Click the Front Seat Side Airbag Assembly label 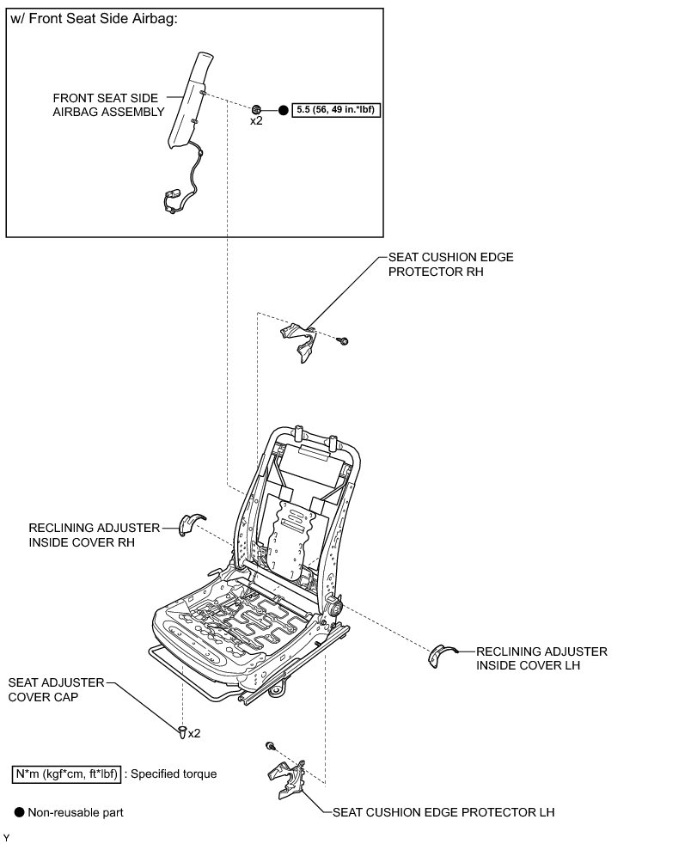click(x=107, y=105)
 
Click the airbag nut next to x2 click(x=256, y=109)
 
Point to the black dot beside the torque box click(x=283, y=111)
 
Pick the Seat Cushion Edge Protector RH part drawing click(x=300, y=340)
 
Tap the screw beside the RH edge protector click(x=343, y=341)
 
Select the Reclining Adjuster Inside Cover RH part click(x=188, y=523)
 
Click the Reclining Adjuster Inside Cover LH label click(x=541, y=658)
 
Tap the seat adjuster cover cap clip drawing click(x=181, y=732)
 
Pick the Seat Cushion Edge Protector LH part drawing click(x=288, y=778)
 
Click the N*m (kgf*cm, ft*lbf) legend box click(x=66, y=774)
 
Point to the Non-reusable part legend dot click(x=19, y=811)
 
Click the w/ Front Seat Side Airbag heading click(x=94, y=20)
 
